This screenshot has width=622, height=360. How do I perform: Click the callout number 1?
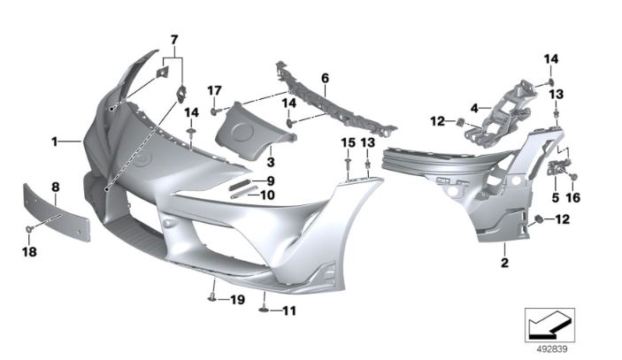point(55,142)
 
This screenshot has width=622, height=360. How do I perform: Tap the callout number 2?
point(504,263)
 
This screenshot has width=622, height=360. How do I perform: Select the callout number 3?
point(271,162)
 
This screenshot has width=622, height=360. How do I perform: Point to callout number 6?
point(326,78)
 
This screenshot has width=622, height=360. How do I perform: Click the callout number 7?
point(174,40)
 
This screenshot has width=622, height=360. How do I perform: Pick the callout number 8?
point(56,188)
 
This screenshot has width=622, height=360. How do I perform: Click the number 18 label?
point(29,252)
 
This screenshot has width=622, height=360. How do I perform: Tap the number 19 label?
point(238,300)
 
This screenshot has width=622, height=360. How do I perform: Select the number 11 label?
point(289,310)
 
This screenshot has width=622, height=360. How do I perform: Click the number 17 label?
point(215,91)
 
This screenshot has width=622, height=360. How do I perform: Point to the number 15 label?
point(349,142)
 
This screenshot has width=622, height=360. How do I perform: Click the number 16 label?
point(573,197)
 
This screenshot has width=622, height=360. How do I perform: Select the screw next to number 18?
point(29,229)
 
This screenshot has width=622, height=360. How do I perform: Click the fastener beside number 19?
point(211,299)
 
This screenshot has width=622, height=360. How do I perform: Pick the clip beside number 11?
point(265,310)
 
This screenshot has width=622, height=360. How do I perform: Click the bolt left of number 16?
point(573,176)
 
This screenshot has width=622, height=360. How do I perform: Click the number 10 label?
point(268,195)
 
